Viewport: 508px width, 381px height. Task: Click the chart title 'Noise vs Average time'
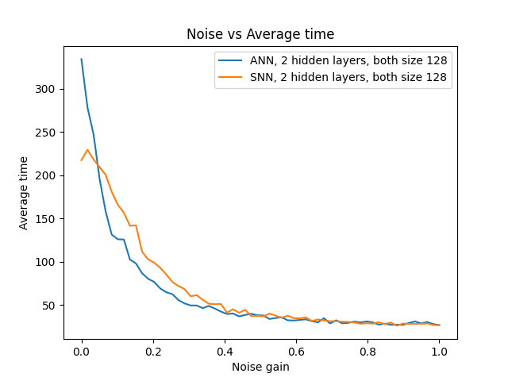pyautogui.click(x=260, y=34)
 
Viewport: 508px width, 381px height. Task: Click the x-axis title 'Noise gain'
pyautogui.click(x=260, y=367)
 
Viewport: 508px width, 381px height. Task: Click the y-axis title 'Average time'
pyautogui.click(x=24, y=193)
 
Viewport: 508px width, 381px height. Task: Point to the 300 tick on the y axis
pyautogui.click(x=48, y=89)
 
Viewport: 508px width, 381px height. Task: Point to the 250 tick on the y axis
pyautogui.click(x=48, y=132)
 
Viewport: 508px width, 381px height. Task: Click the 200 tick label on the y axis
pyautogui.click(x=48, y=175)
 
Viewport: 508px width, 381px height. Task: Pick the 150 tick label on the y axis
pyautogui.click(x=48, y=219)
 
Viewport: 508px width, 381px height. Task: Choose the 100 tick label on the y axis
pyautogui.click(x=48, y=262)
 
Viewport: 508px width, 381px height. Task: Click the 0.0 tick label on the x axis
pyautogui.click(x=82, y=350)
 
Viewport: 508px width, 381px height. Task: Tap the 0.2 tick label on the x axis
pyautogui.click(x=153, y=350)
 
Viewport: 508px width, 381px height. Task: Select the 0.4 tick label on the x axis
pyautogui.click(x=225, y=350)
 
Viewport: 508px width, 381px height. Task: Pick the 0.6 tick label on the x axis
pyautogui.click(x=296, y=350)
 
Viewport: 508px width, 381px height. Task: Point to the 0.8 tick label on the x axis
pyautogui.click(x=368, y=350)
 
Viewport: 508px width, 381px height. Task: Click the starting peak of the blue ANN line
pyautogui.click(x=82, y=59)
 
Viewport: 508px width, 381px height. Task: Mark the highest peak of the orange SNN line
pyautogui.click(x=88, y=149)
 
